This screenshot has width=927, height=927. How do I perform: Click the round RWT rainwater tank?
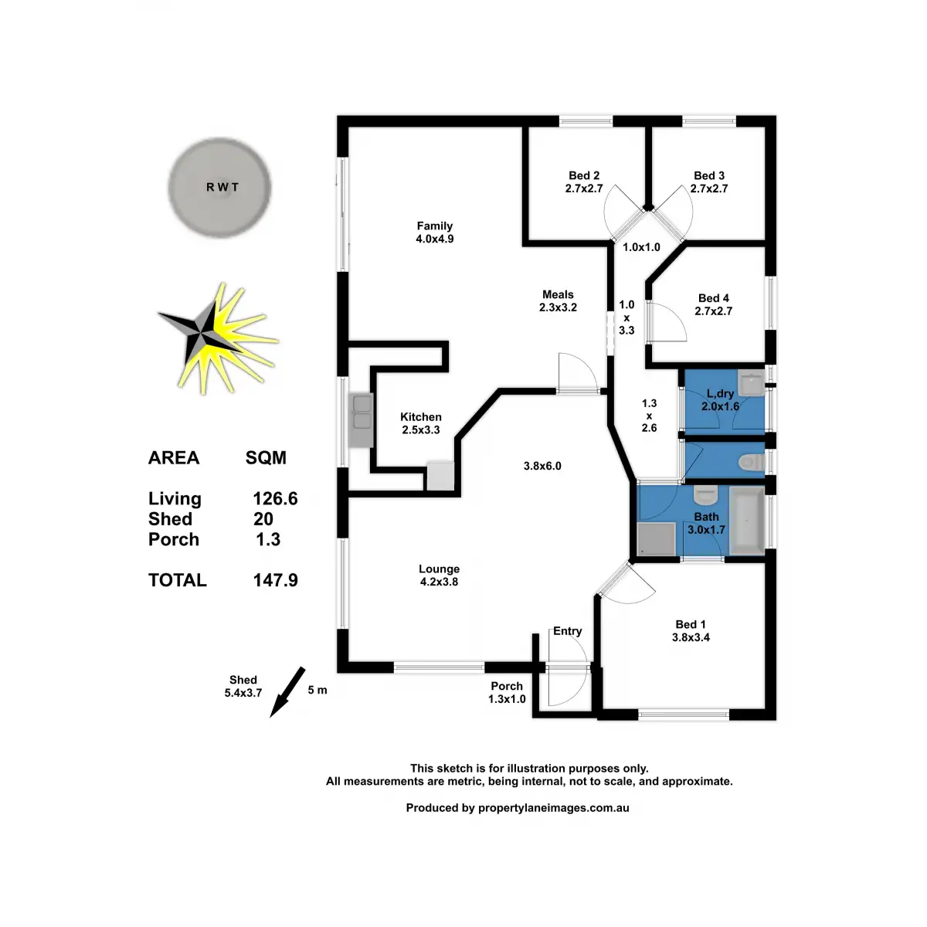click(x=220, y=186)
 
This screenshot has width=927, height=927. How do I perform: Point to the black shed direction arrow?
click(x=287, y=692)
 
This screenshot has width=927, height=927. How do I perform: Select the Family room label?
click(x=434, y=226)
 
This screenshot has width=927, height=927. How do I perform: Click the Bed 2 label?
click(x=584, y=175)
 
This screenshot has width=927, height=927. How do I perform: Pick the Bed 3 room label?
click(x=709, y=175)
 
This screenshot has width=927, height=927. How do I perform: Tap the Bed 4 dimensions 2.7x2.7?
click(x=713, y=311)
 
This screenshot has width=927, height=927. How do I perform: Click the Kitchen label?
click(x=421, y=417)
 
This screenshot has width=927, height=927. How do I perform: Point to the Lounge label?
click(x=439, y=569)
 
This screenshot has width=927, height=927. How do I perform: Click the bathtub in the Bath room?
click(x=746, y=523)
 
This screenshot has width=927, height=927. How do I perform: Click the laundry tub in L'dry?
click(x=750, y=383)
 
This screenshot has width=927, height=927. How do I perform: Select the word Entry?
click(x=567, y=631)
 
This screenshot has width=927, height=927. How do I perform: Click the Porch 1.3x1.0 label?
click(x=507, y=692)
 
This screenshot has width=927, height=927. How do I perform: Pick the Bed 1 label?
click(x=691, y=624)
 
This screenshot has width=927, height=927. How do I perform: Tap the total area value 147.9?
click(x=276, y=580)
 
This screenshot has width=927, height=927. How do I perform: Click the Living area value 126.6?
click(x=276, y=499)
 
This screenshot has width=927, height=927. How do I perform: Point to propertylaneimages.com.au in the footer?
click(x=554, y=808)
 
